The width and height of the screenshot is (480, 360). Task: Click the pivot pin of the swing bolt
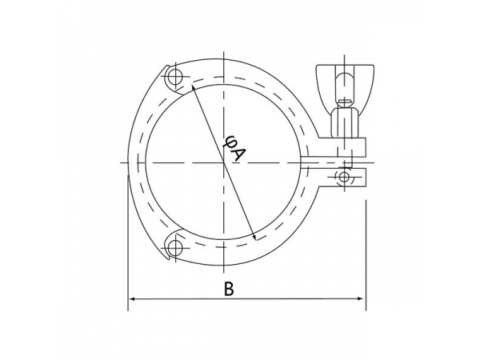[345, 176]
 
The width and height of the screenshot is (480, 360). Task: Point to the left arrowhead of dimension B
[133, 300]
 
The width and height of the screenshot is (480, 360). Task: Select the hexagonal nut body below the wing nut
[343, 122]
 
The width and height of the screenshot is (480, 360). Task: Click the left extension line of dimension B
[129, 240]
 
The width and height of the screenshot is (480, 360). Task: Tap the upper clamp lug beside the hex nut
[352, 147]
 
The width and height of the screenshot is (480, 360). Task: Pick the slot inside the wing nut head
[343, 83]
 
